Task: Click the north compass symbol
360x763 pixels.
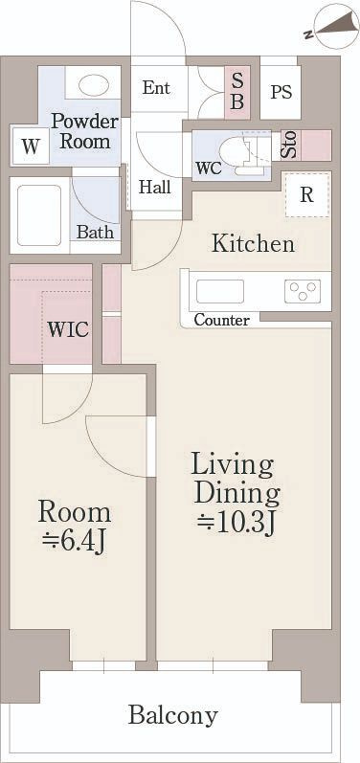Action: point(337,27)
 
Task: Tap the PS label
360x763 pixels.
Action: point(281,92)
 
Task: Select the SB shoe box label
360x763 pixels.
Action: point(236,92)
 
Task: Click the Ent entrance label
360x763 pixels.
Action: point(156,88)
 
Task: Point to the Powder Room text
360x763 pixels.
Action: point(84,131)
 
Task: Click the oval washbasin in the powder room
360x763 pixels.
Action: point(93,86)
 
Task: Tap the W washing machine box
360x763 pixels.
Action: point(31,146)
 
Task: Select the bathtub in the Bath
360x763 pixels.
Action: point(39,215)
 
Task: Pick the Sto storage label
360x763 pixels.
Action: point(290,145)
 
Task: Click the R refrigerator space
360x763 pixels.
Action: point(306,194)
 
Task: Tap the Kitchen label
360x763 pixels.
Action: point(253,243)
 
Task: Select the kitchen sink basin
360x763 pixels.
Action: point(220,291)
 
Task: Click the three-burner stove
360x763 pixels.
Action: point(303,291)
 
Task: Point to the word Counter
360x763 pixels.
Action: point(222,320)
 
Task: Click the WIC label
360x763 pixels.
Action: point(68,329)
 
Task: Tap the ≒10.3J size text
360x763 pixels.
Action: point(236,523)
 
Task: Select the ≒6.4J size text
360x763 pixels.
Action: point(74,542)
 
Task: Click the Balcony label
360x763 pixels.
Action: point(172,716)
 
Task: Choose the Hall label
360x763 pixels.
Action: point(155,187)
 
